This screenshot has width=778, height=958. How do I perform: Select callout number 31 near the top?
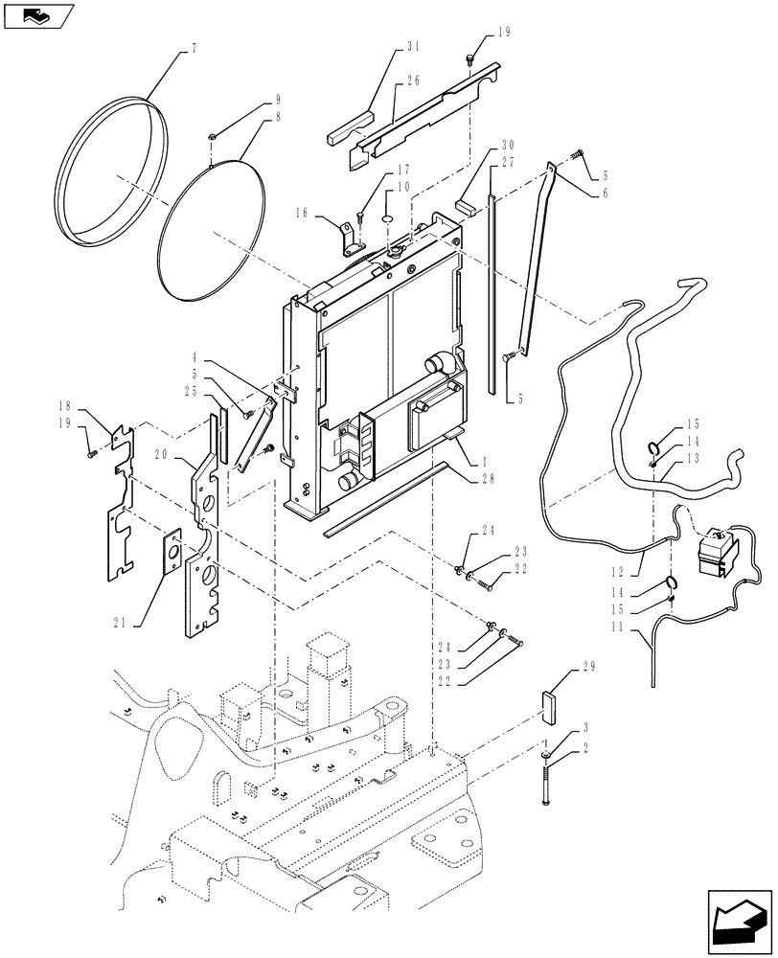413,47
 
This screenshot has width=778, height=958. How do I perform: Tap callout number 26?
413,80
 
